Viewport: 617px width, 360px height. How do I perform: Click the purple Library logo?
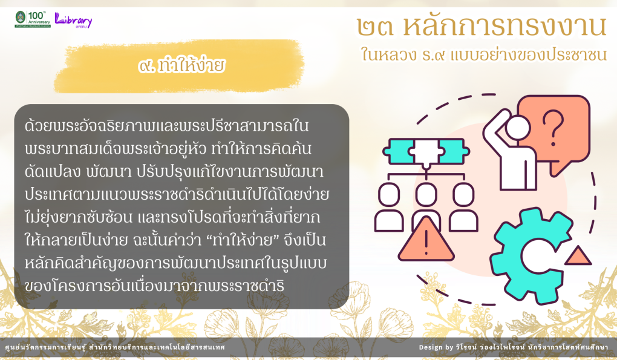[x=73, y=20]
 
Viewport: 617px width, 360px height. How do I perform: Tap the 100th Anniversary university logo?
[x=33, y=19]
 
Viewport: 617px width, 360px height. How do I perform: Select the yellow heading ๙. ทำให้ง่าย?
[x=181, y=65]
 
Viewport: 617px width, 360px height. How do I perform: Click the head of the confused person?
[x=517, y=128]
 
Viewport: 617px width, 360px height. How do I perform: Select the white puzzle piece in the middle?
[x=426, y=151]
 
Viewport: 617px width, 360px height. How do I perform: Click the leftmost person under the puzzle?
[x=389, y=206]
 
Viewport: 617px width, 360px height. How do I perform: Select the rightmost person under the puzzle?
[x=463, y=206]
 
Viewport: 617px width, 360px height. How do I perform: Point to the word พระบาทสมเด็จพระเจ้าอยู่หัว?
[x=116, y=148]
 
